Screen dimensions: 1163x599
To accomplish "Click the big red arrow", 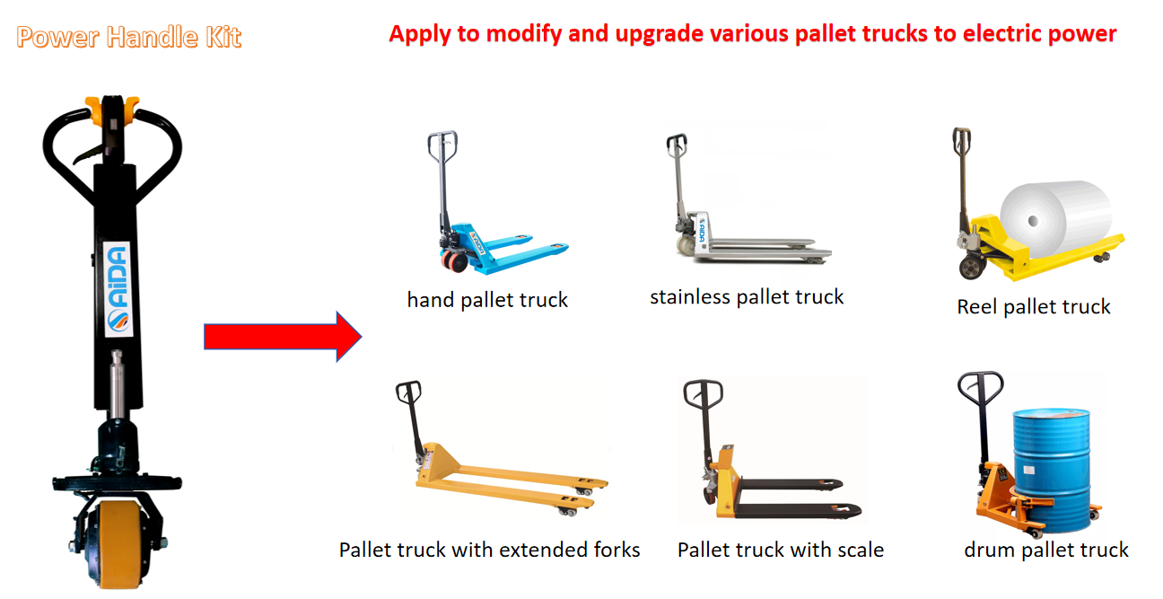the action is [283, 337].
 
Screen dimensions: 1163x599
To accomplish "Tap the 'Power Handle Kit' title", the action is [128, 37].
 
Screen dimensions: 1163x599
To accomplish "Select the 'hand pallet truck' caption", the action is [487, 300].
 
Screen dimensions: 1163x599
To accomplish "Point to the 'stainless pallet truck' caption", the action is [747, 297].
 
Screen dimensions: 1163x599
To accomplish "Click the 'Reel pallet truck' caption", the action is [1033, 307].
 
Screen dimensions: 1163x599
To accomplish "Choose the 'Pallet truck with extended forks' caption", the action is [489, 550].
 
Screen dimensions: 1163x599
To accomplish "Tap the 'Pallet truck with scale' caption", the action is [781, 550].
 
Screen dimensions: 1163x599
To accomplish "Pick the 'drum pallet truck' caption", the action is [1046, 550].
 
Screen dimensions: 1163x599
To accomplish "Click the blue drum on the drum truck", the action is [1052, 469].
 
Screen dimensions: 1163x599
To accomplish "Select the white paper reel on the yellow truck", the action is [1055, 218].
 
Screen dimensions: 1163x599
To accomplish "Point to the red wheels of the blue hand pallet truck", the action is [454, 260].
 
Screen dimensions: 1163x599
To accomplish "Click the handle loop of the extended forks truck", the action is [408, 392].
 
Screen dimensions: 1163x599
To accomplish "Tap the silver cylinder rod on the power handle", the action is [118, 384].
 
